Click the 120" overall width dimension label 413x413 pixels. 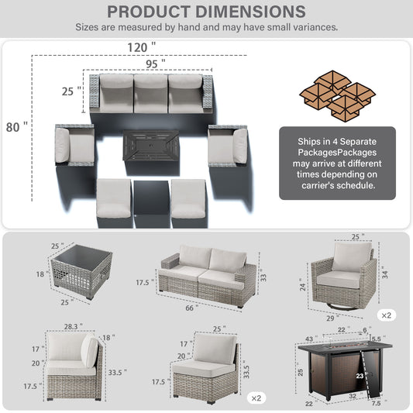coord(142,47)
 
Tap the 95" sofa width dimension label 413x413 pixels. coord(156,64)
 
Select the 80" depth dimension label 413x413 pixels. coord(17,127)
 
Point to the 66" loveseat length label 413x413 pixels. coord(191,308)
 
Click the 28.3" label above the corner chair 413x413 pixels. coord(73,327)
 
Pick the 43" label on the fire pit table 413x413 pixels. coord(311,339)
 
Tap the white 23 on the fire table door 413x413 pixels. coord(360,376)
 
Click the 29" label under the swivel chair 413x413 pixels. coord(332,318)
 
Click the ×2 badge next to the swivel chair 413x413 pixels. coord(387,315)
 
